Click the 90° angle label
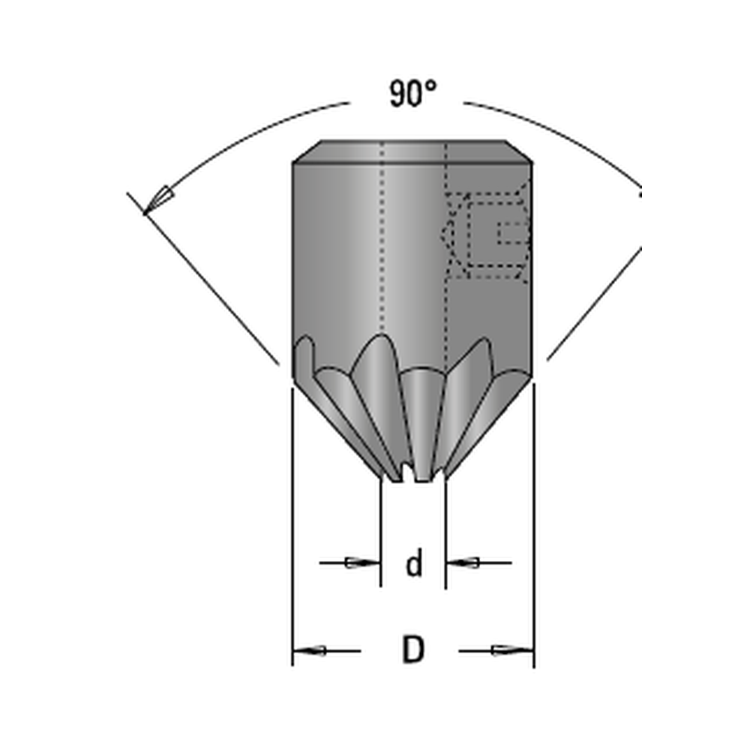(413, 94)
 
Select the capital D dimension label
(414, 649)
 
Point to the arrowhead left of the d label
(362, 563)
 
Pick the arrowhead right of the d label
(463, 563)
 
